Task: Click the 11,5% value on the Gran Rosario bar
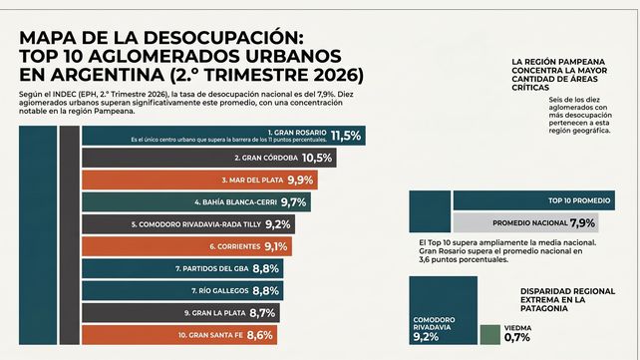346,136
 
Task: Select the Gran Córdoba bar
209,158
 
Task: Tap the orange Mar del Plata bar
200,180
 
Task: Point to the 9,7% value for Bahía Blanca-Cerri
293,202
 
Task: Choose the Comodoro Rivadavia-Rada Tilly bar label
196,224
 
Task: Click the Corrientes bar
187,246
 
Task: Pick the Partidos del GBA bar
182,268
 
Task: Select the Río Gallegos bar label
220,290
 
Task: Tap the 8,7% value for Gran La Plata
262,313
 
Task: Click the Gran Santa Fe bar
179,335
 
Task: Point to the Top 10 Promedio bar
534,200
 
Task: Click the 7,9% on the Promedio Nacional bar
582,222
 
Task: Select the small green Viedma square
490,335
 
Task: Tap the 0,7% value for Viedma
517,337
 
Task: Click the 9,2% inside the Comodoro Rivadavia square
426,337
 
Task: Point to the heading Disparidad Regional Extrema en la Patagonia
567,299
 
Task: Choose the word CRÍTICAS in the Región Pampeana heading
530,88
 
